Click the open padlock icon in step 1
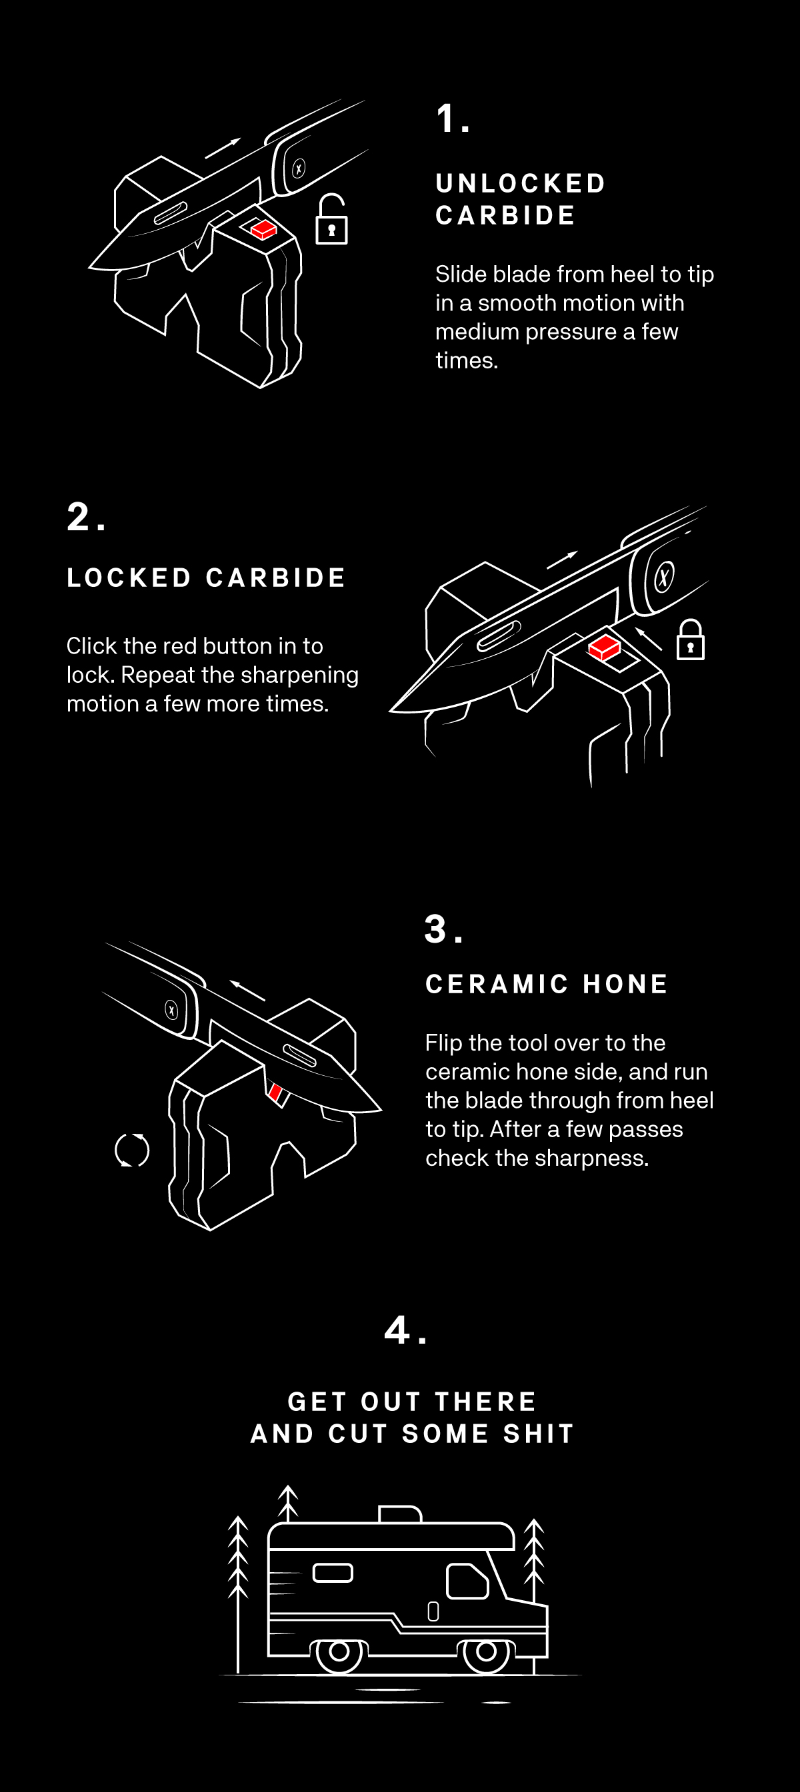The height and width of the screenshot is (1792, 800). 331,220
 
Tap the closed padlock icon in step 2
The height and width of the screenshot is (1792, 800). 690,640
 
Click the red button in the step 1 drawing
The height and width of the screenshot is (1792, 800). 264,230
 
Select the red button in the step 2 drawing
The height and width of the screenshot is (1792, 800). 603,648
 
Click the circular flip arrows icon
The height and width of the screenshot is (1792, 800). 131,1150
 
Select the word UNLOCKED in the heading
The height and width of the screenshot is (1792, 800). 521,184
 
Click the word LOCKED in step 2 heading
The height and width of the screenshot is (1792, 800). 129,578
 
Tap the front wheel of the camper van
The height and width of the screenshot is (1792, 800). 486,1651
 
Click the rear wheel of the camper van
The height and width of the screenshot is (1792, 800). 339,1651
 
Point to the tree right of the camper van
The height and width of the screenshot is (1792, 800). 534,1558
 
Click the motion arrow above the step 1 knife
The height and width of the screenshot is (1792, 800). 223,148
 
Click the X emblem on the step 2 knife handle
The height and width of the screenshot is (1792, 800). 664,577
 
